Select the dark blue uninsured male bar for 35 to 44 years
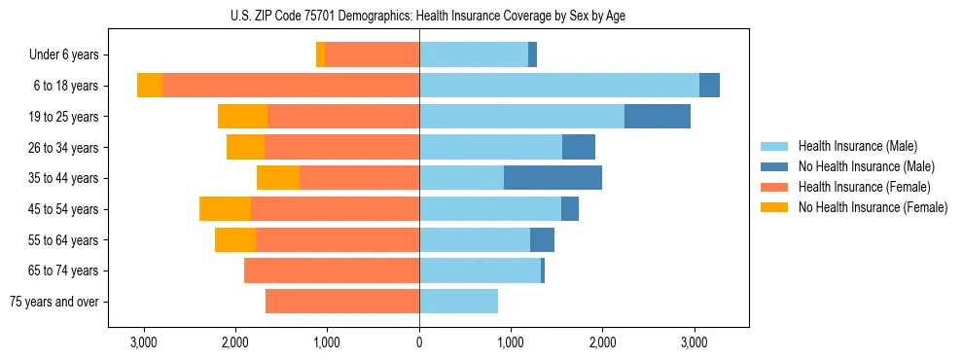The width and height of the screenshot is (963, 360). (x=553, y=178)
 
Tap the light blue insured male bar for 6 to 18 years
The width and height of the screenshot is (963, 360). (x=558, y=86)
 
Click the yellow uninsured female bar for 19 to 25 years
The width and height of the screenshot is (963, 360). (x=242, y=117)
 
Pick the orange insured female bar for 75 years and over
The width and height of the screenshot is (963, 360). (x=341, y=302)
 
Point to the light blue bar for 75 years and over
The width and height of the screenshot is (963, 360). (x=458, y=302)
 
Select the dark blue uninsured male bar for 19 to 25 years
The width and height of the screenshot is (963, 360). (x=657, y=117)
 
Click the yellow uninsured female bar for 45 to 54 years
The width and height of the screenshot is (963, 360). (x=225, y=209)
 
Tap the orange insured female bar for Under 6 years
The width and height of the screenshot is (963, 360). (x=372, y=54)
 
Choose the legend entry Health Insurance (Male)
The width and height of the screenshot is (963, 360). (x=857, y=147)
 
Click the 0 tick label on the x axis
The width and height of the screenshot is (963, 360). (x=419, y=342)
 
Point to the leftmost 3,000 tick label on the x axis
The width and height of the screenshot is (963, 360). (x=144, y=342)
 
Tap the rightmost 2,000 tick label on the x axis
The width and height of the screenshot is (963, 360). (x=602, y=342)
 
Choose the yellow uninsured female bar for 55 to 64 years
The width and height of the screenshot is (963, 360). (x=235, y=240)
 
